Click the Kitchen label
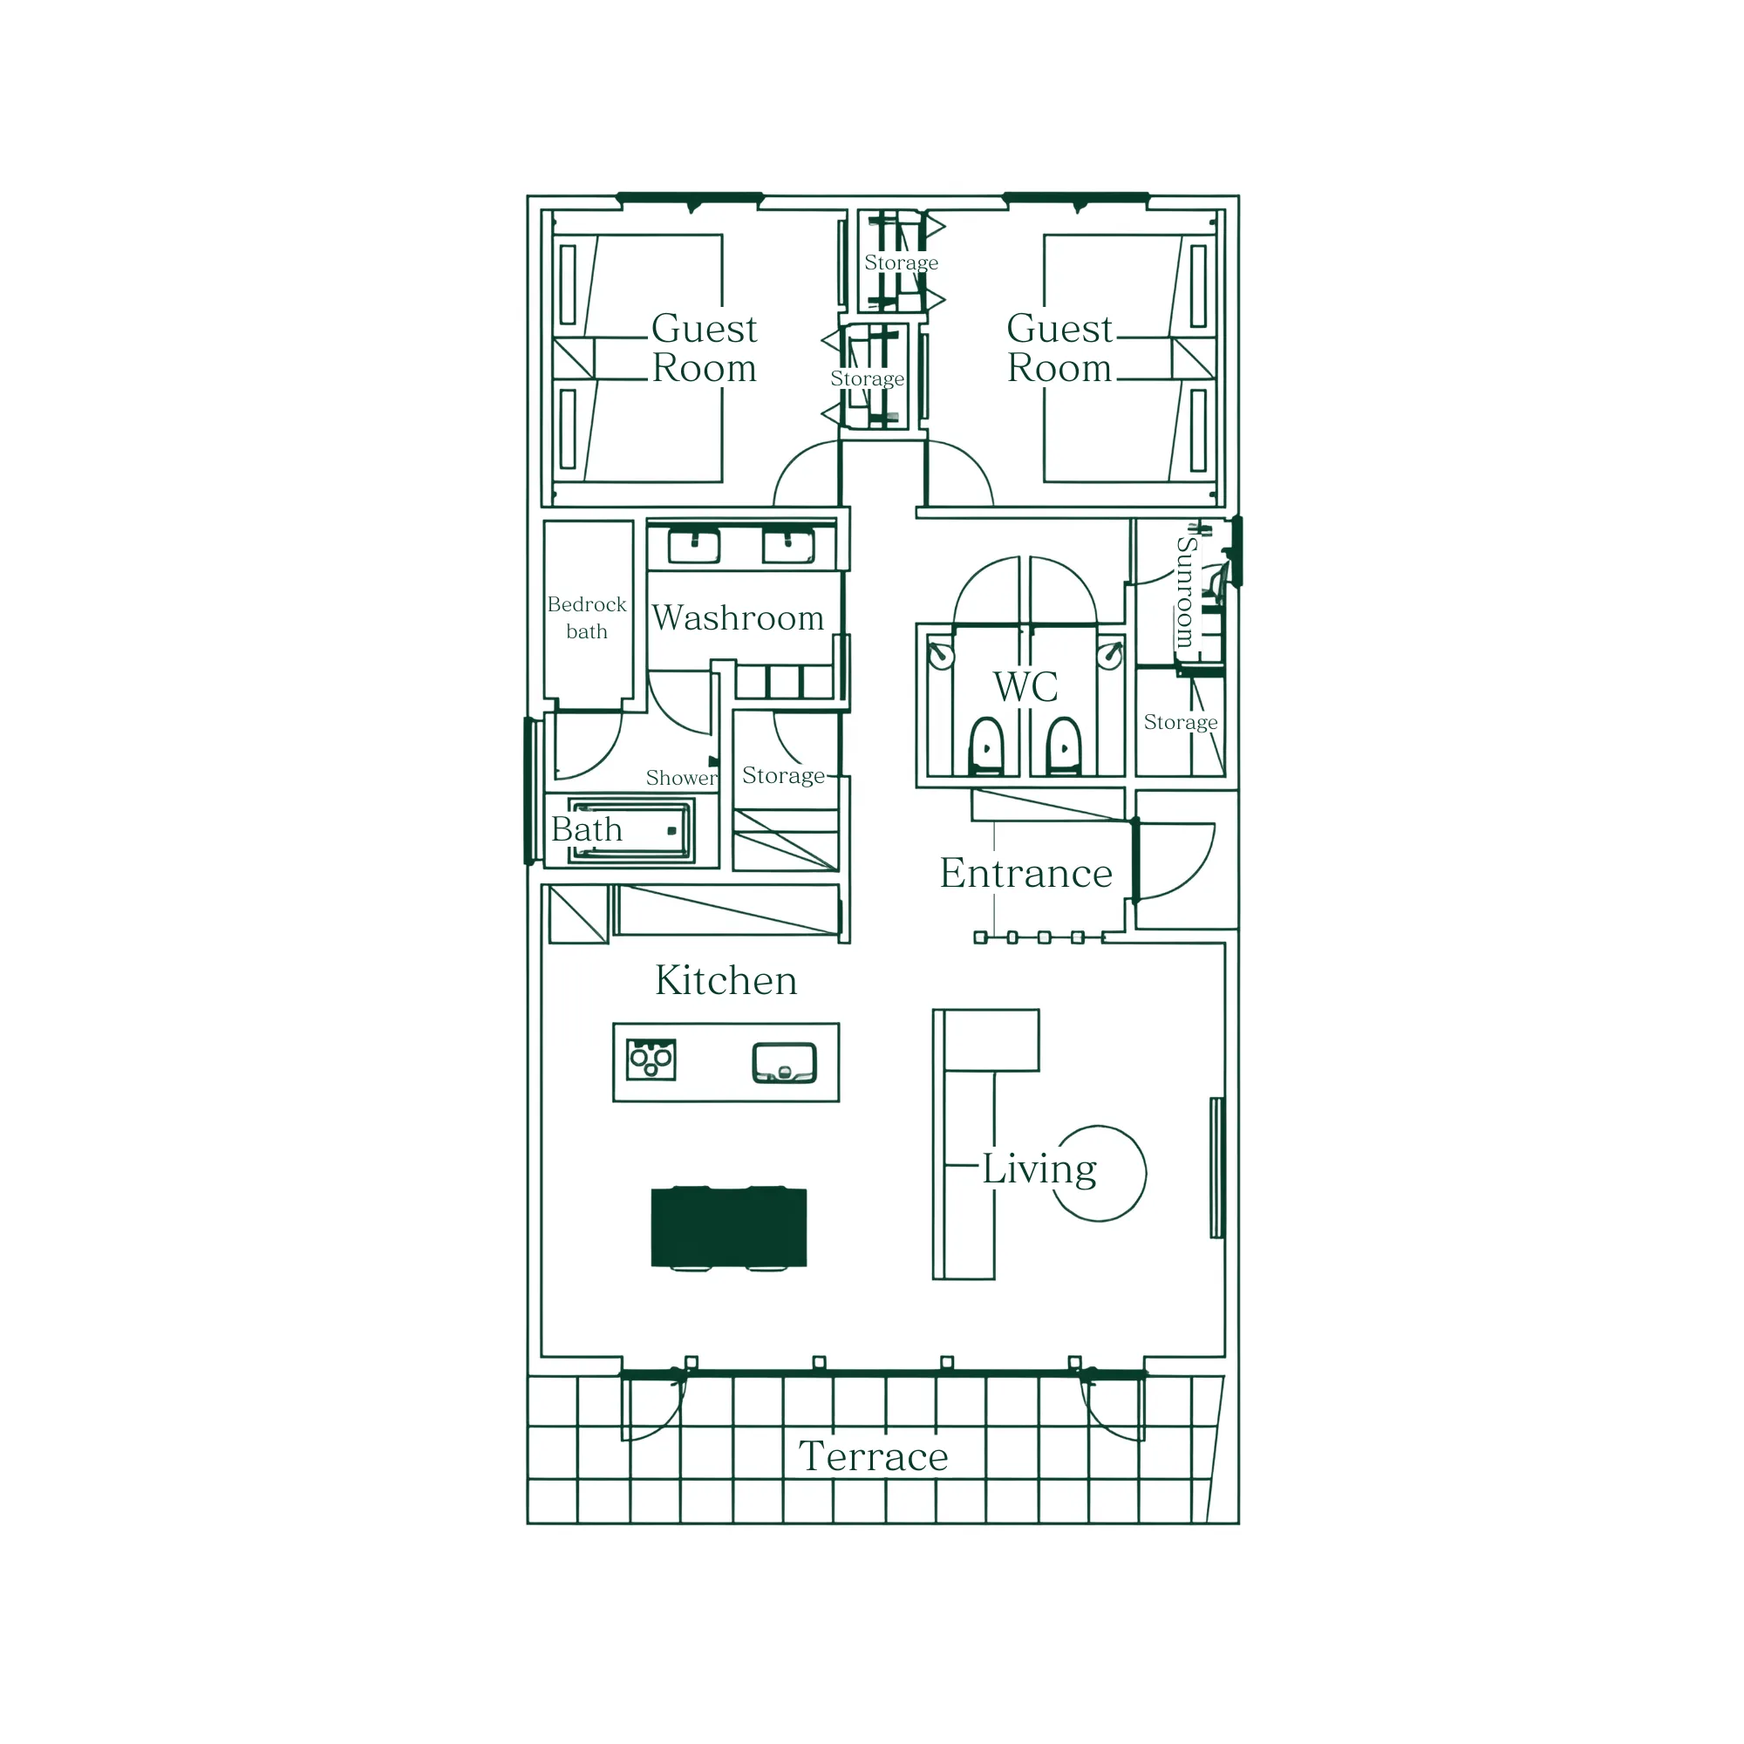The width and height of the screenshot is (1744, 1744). click(x=726, y=980)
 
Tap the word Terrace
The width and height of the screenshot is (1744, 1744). click(x=873, y=1456)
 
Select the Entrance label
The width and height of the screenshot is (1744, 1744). click(x=1025, y=873)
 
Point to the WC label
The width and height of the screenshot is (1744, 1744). click(x=1025, y=687)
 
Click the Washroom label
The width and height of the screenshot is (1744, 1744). click(x=738, y=617)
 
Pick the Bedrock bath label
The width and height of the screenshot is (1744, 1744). click(x=587, y=617)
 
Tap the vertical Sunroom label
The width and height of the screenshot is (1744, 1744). click(x=1185, y=591)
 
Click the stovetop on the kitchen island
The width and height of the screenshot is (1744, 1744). click(x=651, y=1059)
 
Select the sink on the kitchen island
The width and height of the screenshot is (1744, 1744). click(x=785, y=1062)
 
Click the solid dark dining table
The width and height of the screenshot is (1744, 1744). click(x=728, y=1227)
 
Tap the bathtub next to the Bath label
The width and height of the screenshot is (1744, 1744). click(x=630, y=830)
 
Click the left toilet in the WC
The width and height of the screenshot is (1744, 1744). click(x=985, y=746)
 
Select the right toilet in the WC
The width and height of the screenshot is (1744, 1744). click(x=1063, y=746)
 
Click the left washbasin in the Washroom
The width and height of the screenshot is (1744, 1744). click(x=693, y=546)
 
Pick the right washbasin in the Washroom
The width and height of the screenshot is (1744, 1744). click(x=788, y=546)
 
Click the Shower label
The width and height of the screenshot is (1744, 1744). click(x=682, y=777)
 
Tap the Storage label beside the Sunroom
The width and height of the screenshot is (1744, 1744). click(x=1180, y=722)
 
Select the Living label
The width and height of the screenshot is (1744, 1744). click(x=1039, y=1169)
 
